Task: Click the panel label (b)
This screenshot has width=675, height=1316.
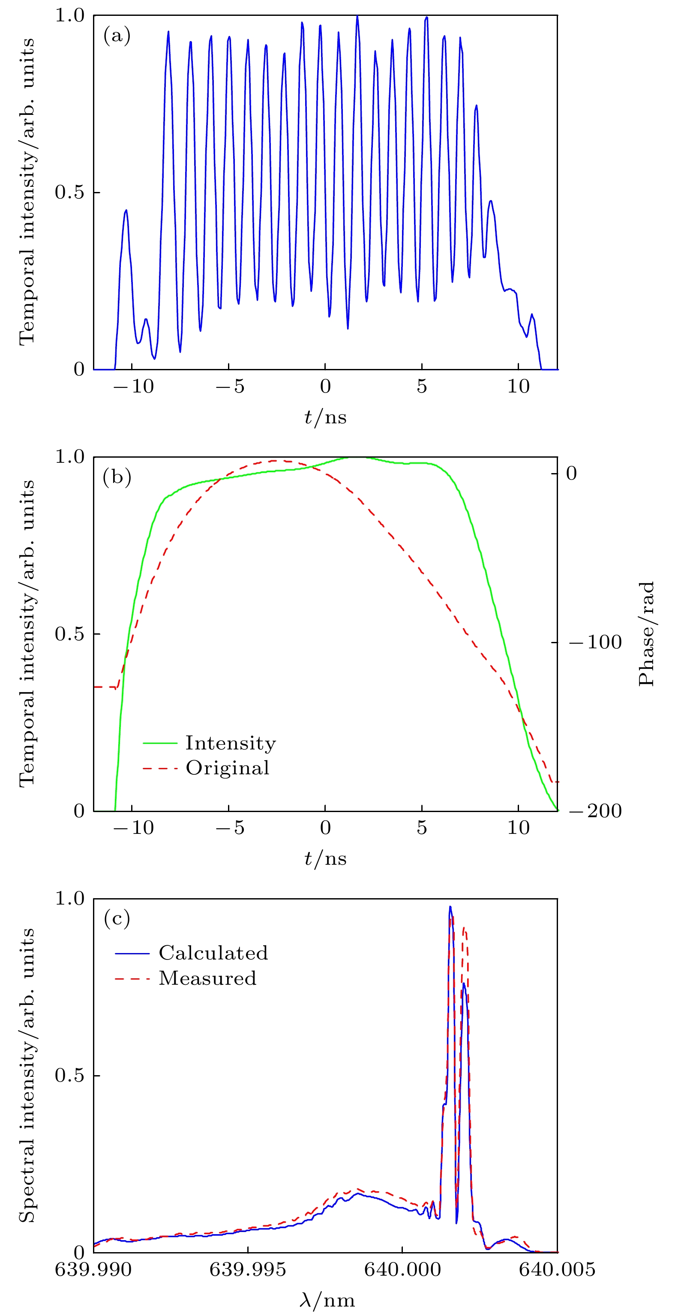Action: click(x=117, y=477)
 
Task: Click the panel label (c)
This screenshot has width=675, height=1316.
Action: click(x=117, y=919)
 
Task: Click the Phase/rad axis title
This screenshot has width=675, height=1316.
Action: click(x=647, y=633)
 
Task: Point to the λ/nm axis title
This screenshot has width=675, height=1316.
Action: click(x=327, y=1300)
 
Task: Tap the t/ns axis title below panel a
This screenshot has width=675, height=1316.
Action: click(x=325, y=417)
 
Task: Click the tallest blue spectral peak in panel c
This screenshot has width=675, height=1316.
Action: click(x=450, y=908)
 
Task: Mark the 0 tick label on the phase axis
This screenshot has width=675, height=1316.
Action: click(x=571, y=474)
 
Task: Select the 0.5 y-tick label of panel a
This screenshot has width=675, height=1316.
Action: click(x=69, y=192)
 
